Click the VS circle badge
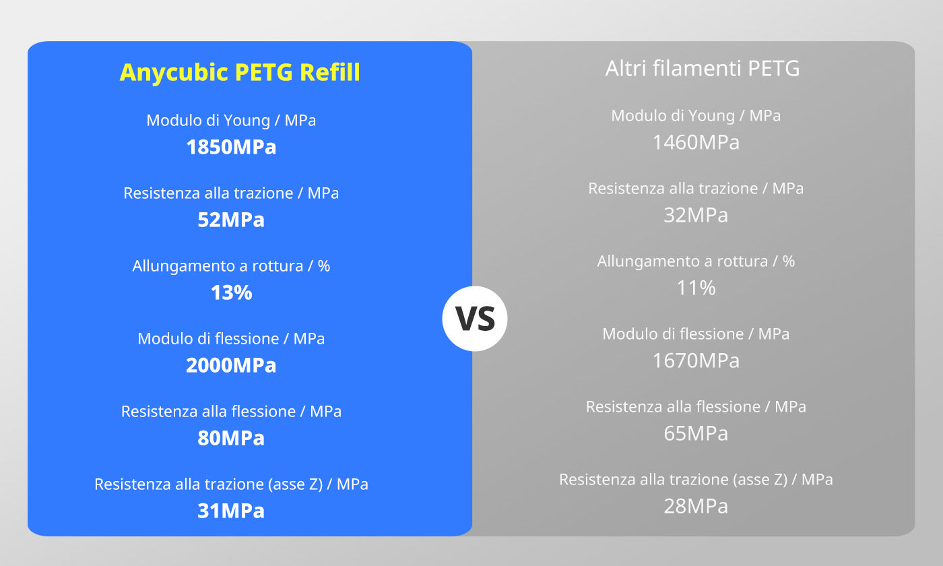click(474, 318)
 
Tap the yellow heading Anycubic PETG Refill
click(240, 72)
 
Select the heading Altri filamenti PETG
click(702, 68)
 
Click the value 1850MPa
click(231, 147)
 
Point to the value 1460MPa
click(696, 142)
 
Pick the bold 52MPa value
click(231, 220)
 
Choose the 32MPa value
click(696, 215)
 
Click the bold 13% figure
click(231, 292)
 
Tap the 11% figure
click(696, 288)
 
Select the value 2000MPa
click(231, 365)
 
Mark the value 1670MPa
click(696, 360)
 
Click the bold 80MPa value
click(231, 438)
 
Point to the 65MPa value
click(696, 433)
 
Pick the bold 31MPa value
click(231, 511)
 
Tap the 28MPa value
click(696, 506)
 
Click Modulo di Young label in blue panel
click(208, 121)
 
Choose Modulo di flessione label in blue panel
click(208, 339)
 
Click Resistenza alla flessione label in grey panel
click(673, 407)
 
